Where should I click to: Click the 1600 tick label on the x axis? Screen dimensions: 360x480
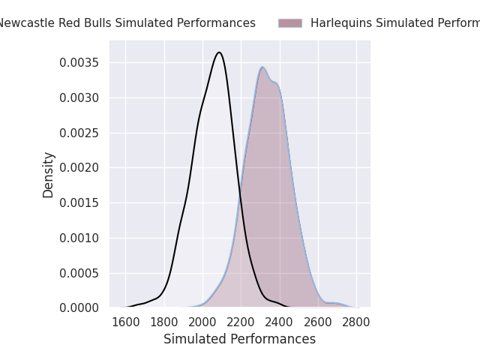(125, 322)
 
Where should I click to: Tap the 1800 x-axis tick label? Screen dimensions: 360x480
(163, 322)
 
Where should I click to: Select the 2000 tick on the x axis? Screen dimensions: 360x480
(202, 322)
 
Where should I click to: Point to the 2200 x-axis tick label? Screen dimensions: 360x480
(241, 322)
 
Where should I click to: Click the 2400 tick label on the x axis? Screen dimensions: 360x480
(280, 322)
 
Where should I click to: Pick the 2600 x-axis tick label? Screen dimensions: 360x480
(318, 322)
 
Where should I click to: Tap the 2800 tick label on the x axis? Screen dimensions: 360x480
(356, 322)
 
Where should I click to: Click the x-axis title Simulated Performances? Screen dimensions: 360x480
(240, 340)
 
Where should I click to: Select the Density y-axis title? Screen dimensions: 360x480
(49, 175)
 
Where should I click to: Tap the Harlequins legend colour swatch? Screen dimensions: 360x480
(290, 23)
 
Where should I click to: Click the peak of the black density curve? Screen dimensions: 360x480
(219, 52)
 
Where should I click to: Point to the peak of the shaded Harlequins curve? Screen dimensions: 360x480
(262, 67)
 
